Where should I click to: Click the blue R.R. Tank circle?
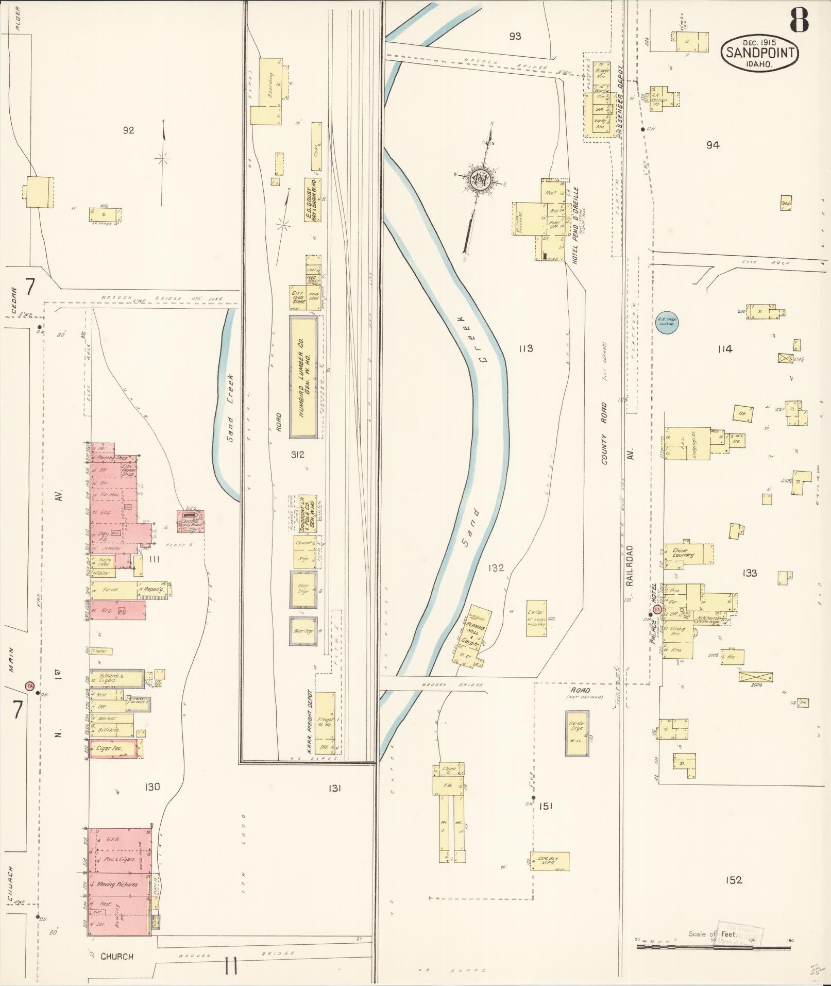(668, 323)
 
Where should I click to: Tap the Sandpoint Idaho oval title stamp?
(760, 53)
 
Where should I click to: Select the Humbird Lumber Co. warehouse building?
(303, 377)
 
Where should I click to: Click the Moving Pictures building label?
(117, 884)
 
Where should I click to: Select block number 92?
(128, 130)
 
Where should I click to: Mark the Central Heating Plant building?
(191, 522)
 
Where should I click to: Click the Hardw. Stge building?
(576, 734)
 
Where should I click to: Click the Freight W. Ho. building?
(325, 724)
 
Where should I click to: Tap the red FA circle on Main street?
(30, 686)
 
